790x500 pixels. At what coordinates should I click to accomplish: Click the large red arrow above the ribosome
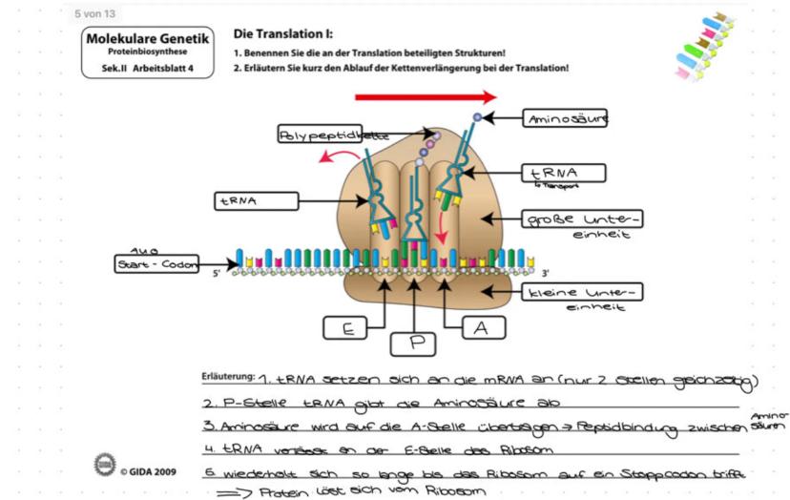(425, 96)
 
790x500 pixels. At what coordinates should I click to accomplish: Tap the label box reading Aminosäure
(566, 118)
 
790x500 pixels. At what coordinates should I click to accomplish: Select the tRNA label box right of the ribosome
(566, 174)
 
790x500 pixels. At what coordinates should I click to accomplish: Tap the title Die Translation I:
(277, 34)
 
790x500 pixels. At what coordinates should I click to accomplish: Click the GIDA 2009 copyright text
(147, 471)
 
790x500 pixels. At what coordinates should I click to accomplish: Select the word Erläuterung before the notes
(226, 375)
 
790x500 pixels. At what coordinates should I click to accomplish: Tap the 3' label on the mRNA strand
(544, 273)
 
